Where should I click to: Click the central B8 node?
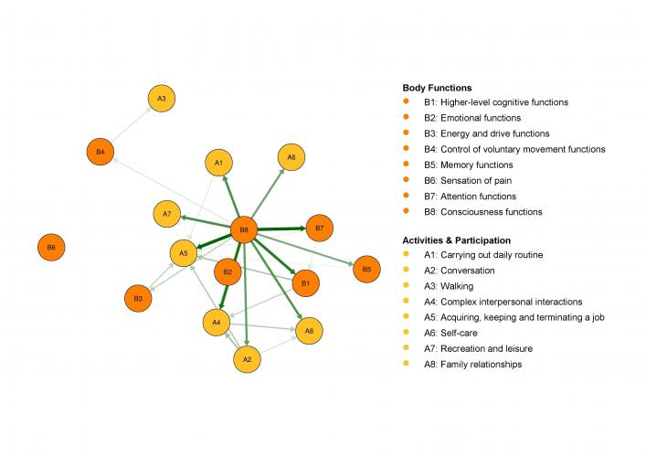[244, 230]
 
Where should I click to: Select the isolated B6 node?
[51, 248]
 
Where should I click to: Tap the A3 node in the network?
[162, 99]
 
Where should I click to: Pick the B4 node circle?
[101, 152]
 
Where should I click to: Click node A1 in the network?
[218, 163]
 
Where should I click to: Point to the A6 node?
[291, 157]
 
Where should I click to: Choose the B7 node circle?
[319, 228]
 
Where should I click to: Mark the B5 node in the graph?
[366, 269]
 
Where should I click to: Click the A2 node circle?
[247, 359]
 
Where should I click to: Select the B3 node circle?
[138, 298]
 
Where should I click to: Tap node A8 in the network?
[309, 331]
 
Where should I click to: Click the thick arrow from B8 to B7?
[281, 228]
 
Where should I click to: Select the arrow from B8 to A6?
[268, 193]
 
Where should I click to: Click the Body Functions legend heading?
[437, 88]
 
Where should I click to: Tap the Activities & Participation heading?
[457, 240]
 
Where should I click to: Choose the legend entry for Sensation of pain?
[468, 180]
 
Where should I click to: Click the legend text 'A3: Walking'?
[449, 286]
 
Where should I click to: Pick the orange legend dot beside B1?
[406, 101]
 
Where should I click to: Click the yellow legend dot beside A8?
[406, 363]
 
